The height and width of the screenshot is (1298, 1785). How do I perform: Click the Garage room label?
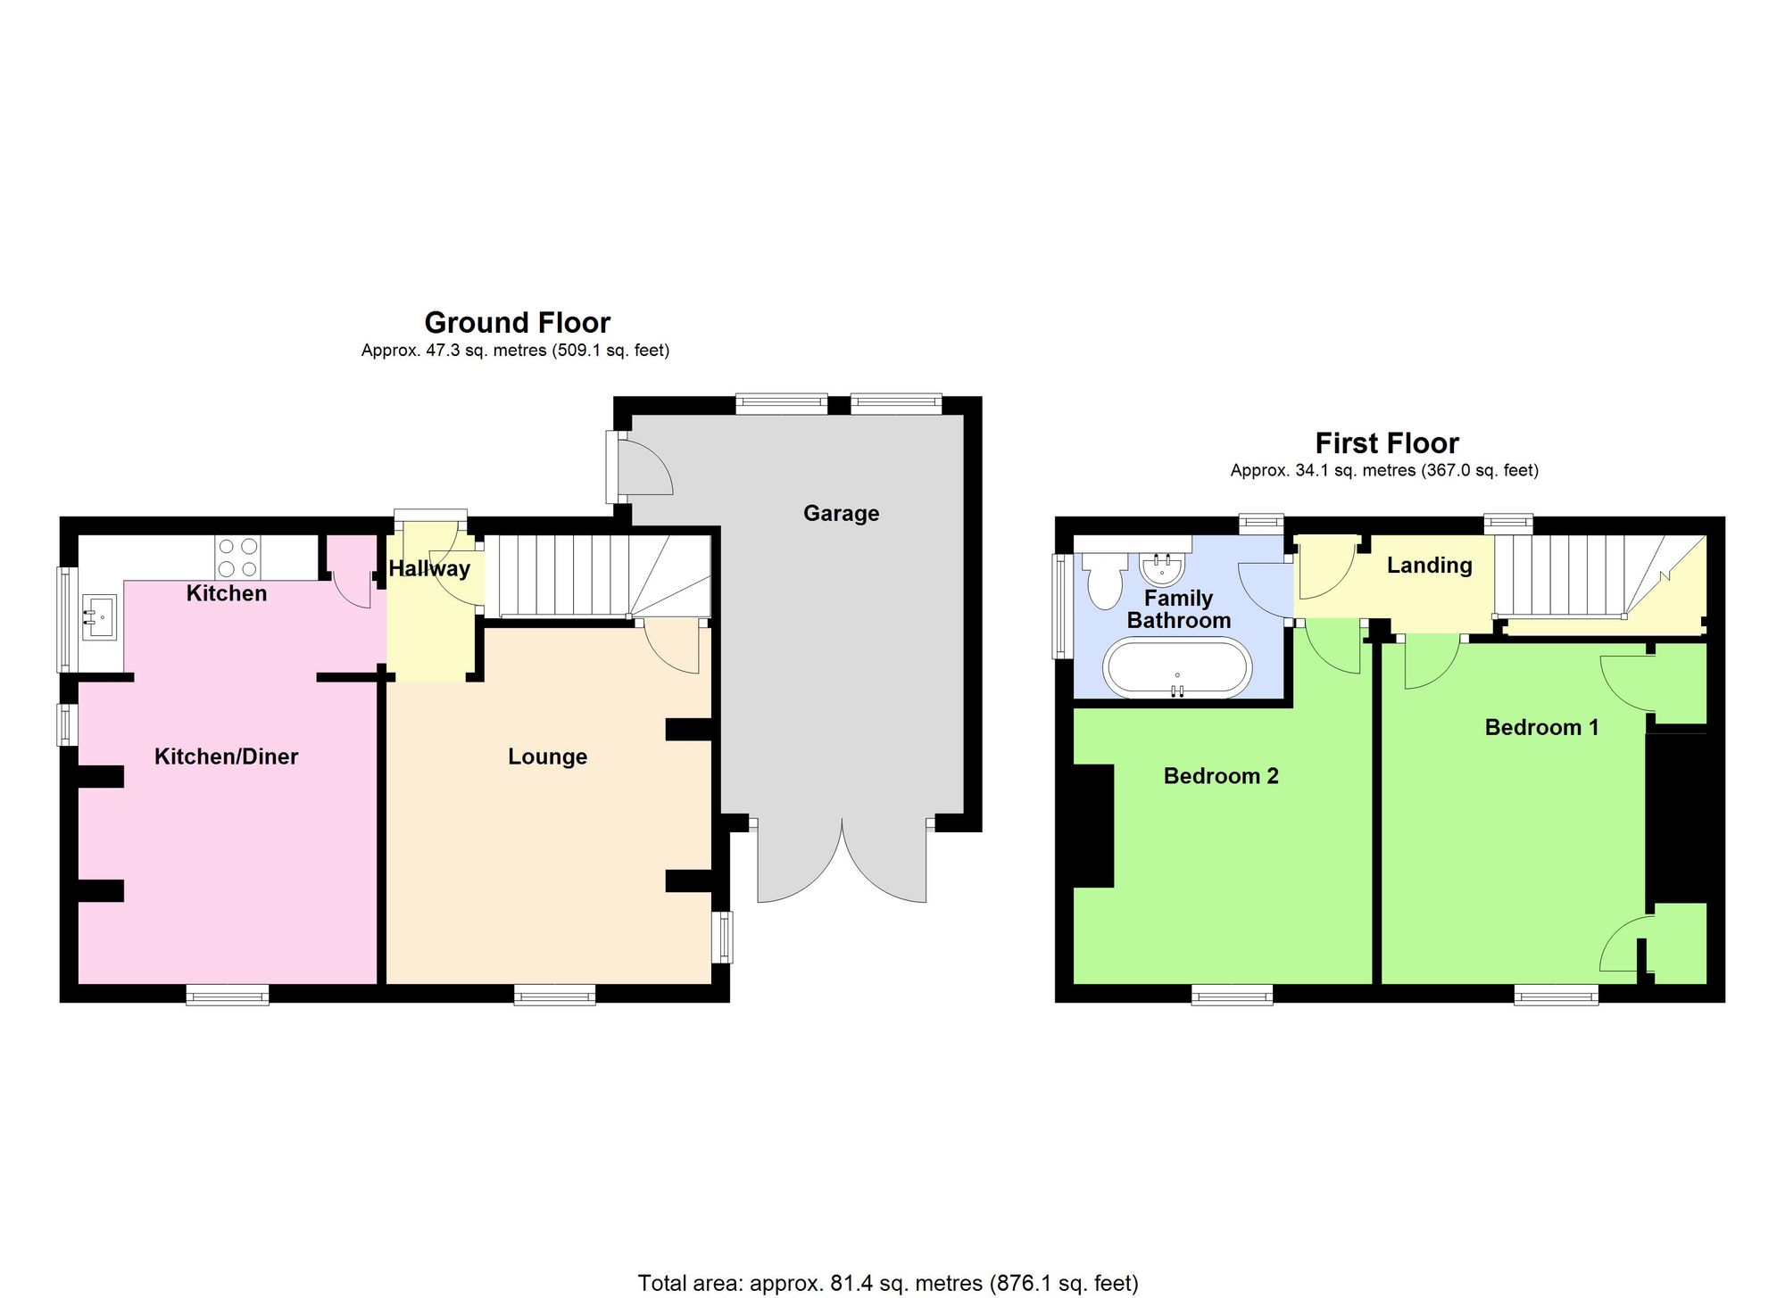point(841,513)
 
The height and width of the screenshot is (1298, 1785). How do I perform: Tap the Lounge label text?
point(547,756)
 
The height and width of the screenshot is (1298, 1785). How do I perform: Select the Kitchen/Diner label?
point(226,756)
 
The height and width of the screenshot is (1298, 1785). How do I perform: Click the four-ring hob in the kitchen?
point(237,557)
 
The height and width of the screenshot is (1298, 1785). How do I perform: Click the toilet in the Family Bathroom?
point(1105,580)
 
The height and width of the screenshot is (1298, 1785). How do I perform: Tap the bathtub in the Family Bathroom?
point(1178,668)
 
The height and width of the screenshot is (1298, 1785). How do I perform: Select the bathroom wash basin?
point(1161,566)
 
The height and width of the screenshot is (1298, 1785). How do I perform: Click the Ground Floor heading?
point(517,322)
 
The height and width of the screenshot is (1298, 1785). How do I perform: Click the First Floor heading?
point(1386,442)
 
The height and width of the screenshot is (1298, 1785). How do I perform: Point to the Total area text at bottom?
point(888,1283)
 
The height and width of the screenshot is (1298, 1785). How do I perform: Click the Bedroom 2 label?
point(1221,776)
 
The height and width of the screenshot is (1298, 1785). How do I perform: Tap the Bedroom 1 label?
point(1541,727)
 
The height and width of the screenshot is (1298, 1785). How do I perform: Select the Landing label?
point(1429,565)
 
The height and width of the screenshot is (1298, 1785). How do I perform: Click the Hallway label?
point(429,568)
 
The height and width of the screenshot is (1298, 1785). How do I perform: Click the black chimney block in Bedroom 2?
point(1093,825)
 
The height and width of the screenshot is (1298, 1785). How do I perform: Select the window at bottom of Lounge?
point(554,994)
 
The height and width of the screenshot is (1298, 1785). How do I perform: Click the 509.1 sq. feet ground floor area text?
point(611,351)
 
